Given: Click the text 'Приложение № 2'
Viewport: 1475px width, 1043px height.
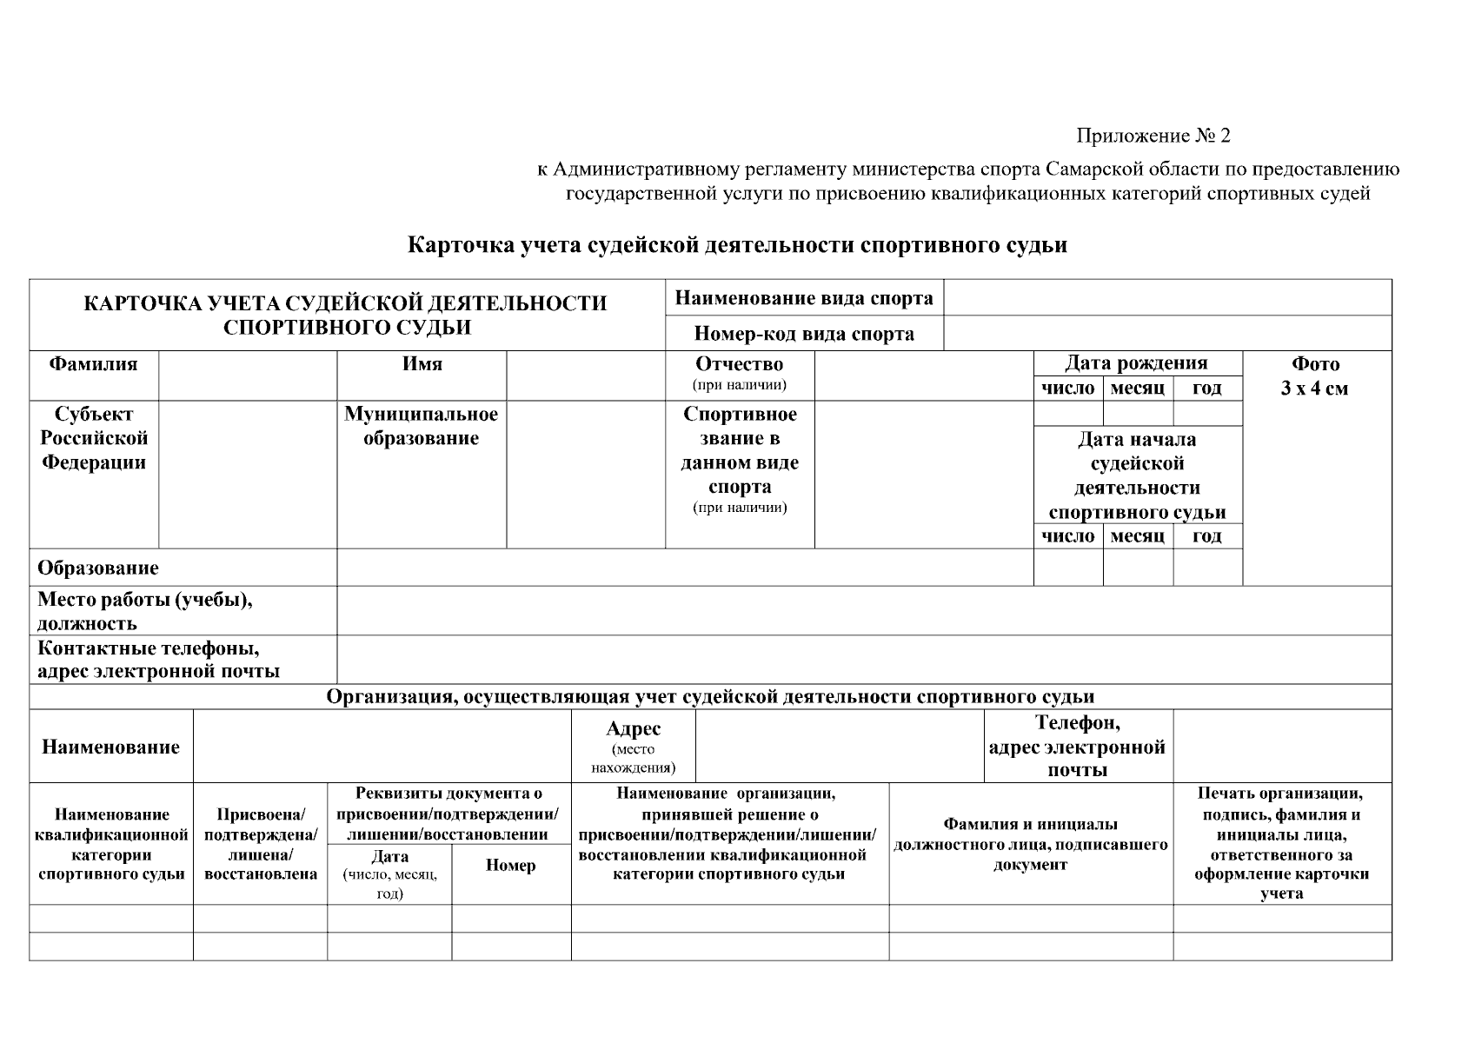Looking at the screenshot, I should click(1153, 136).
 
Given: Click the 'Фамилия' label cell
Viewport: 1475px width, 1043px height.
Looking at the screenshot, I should click(93, 364).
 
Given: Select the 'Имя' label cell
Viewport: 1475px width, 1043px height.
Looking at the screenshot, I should click(422, 364).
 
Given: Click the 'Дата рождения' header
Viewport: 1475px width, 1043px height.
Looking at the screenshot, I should click(1136, 363).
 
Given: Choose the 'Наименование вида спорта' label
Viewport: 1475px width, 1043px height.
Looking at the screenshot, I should click(804, 298).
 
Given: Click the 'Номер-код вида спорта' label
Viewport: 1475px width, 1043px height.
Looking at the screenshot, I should click(804, 334).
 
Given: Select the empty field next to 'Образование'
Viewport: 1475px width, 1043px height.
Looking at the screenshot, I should click(684, 568).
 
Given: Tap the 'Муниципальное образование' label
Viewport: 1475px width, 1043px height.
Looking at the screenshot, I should click(422, 426).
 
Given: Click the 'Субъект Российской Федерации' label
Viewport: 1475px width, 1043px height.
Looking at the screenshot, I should click(94, 438).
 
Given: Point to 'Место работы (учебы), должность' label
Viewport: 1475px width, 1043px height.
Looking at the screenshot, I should click(145, 611).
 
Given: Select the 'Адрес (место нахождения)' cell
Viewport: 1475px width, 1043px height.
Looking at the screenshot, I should click(633, 747).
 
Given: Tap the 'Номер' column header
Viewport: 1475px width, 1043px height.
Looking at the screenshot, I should click(510, 865).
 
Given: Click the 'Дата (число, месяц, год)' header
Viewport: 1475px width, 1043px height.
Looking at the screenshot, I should click(389, 874).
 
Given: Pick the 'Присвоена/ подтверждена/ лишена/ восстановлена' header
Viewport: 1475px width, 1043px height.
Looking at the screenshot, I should click(260, 844).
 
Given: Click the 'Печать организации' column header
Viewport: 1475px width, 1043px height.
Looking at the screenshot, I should click(1281, 843).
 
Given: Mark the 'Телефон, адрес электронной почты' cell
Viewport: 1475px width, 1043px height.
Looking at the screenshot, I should click(1078, 747).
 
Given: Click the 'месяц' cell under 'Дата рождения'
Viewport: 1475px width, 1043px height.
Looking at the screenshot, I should click(1137, 389).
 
